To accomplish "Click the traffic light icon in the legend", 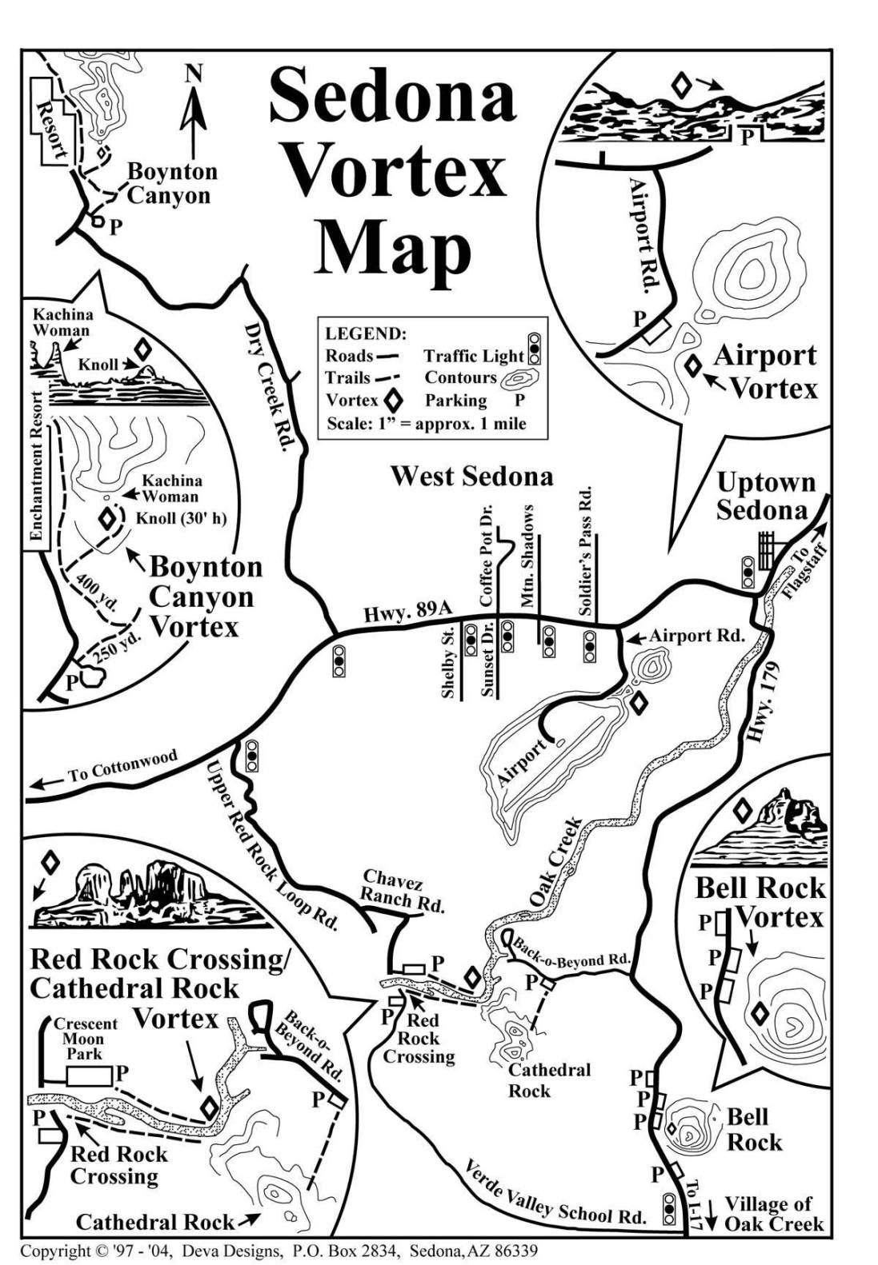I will click(x=535, y=349).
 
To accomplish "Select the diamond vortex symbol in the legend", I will click(x=391, y=399).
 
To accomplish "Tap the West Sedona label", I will click(x=471, y=477).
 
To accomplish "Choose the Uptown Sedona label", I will click(x=765, y=496).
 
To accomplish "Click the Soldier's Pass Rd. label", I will click(x=587, y=552).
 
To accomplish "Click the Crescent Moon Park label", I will click(x=85, y=1039).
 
